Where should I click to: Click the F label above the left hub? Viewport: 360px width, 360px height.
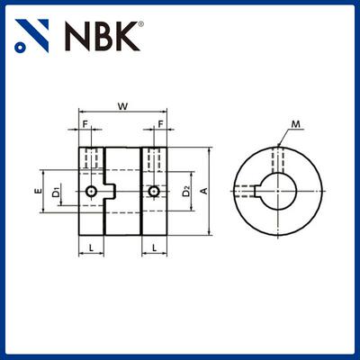tap(86, 122)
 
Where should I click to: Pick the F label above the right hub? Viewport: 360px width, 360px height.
tap(160, 122)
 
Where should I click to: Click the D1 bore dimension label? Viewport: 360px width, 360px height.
tap(56, 192)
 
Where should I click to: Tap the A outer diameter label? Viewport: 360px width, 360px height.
tap(204, 191)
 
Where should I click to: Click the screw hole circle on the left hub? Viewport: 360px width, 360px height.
tap(92, 192)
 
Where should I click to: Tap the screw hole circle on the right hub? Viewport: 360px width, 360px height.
tap(156, 192)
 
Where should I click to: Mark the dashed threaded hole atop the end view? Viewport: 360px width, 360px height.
tap(283, 157)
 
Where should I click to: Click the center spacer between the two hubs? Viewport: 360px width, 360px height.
tap(123, 192)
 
